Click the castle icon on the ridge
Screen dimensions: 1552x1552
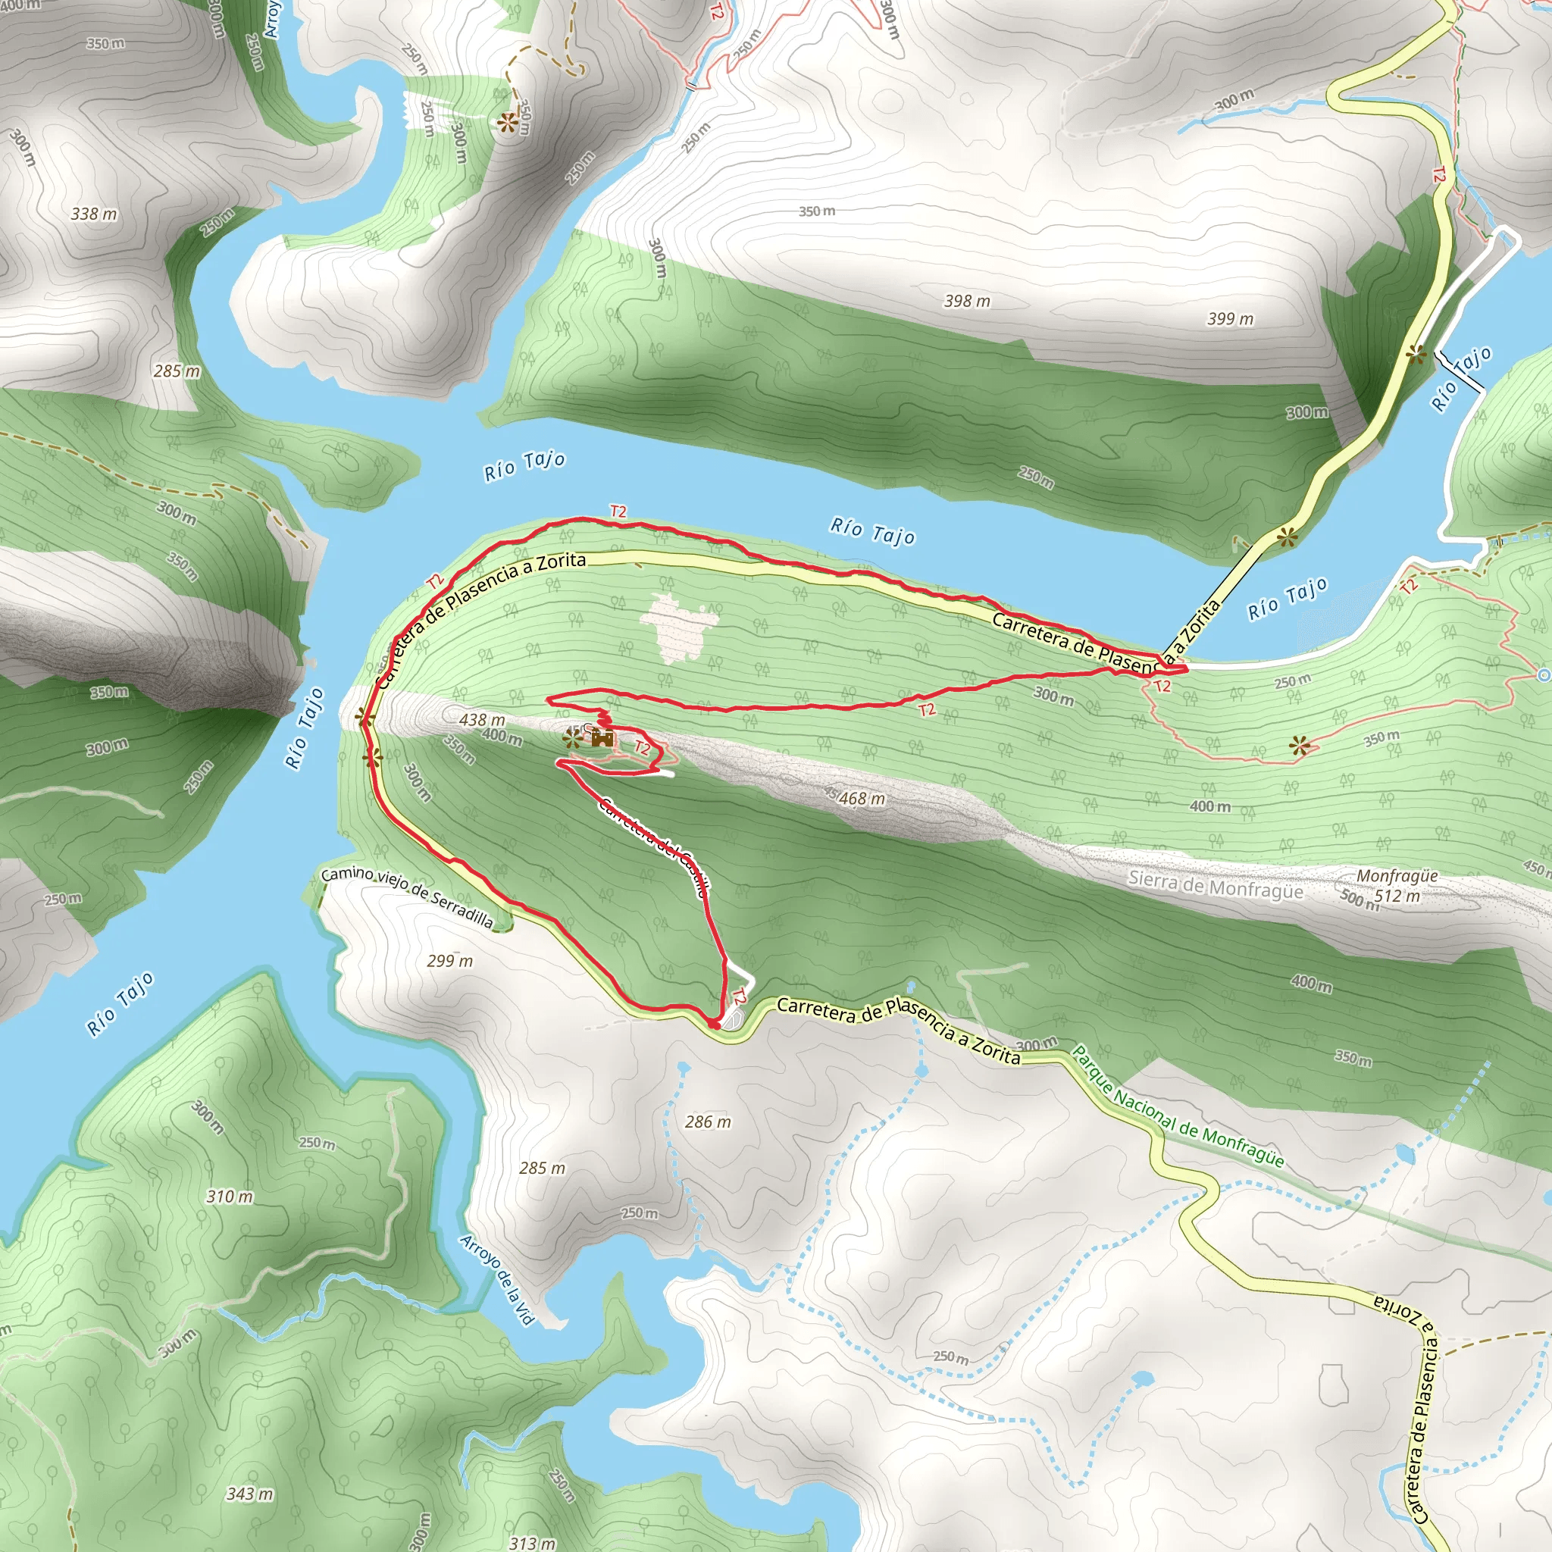pos(602,737)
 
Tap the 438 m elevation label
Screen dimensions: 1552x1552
pos(482,720)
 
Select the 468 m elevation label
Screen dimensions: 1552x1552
pos(862,799)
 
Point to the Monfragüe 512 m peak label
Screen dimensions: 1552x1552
pos(1397,886)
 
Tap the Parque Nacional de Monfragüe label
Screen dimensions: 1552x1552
pos(1178,1106)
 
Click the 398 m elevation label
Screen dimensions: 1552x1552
pos(967,302)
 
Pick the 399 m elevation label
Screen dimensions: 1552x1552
pos(1230,319)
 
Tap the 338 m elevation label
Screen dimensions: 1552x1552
pos(94,214)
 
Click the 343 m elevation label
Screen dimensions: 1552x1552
pos(250,1494)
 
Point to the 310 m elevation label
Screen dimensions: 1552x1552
pos(230,1197)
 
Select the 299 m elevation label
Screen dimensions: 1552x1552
pos(450,961)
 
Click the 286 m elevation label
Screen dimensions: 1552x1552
pos(708,1122)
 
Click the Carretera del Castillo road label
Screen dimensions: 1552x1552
pos(654,846)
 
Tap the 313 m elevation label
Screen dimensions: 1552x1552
pos(532,1542)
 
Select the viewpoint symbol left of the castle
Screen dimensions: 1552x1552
pos(572,737)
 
